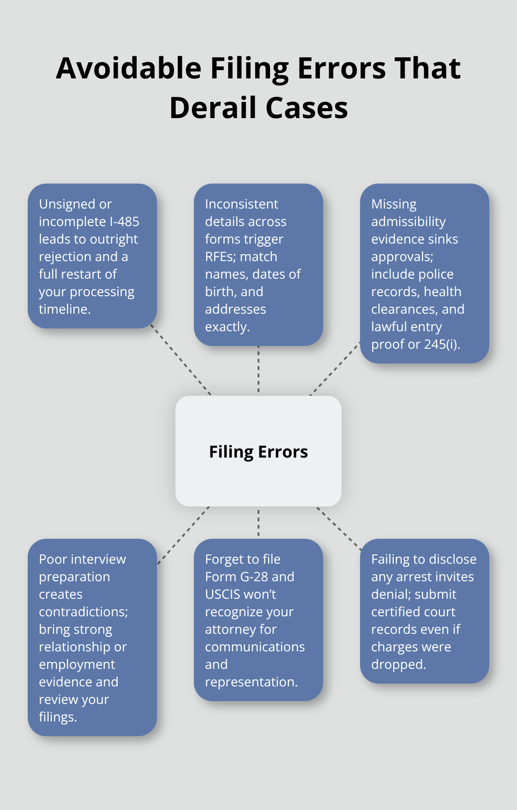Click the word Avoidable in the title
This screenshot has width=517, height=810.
[129, 69]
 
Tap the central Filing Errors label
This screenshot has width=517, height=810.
[258, 452]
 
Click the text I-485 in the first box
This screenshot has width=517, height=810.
[124, 221]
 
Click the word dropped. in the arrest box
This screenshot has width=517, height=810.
[398, 664]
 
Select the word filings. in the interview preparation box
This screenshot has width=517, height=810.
[58, 717]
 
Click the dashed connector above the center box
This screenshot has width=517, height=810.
[258, 369]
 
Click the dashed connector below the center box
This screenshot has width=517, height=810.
[258, 523]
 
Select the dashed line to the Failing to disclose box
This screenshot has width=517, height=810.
[339, 529]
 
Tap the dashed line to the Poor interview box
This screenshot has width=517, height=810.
[183, 535]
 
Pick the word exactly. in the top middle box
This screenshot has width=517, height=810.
[227, 327]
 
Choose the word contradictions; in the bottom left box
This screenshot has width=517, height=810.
[83, 612]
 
